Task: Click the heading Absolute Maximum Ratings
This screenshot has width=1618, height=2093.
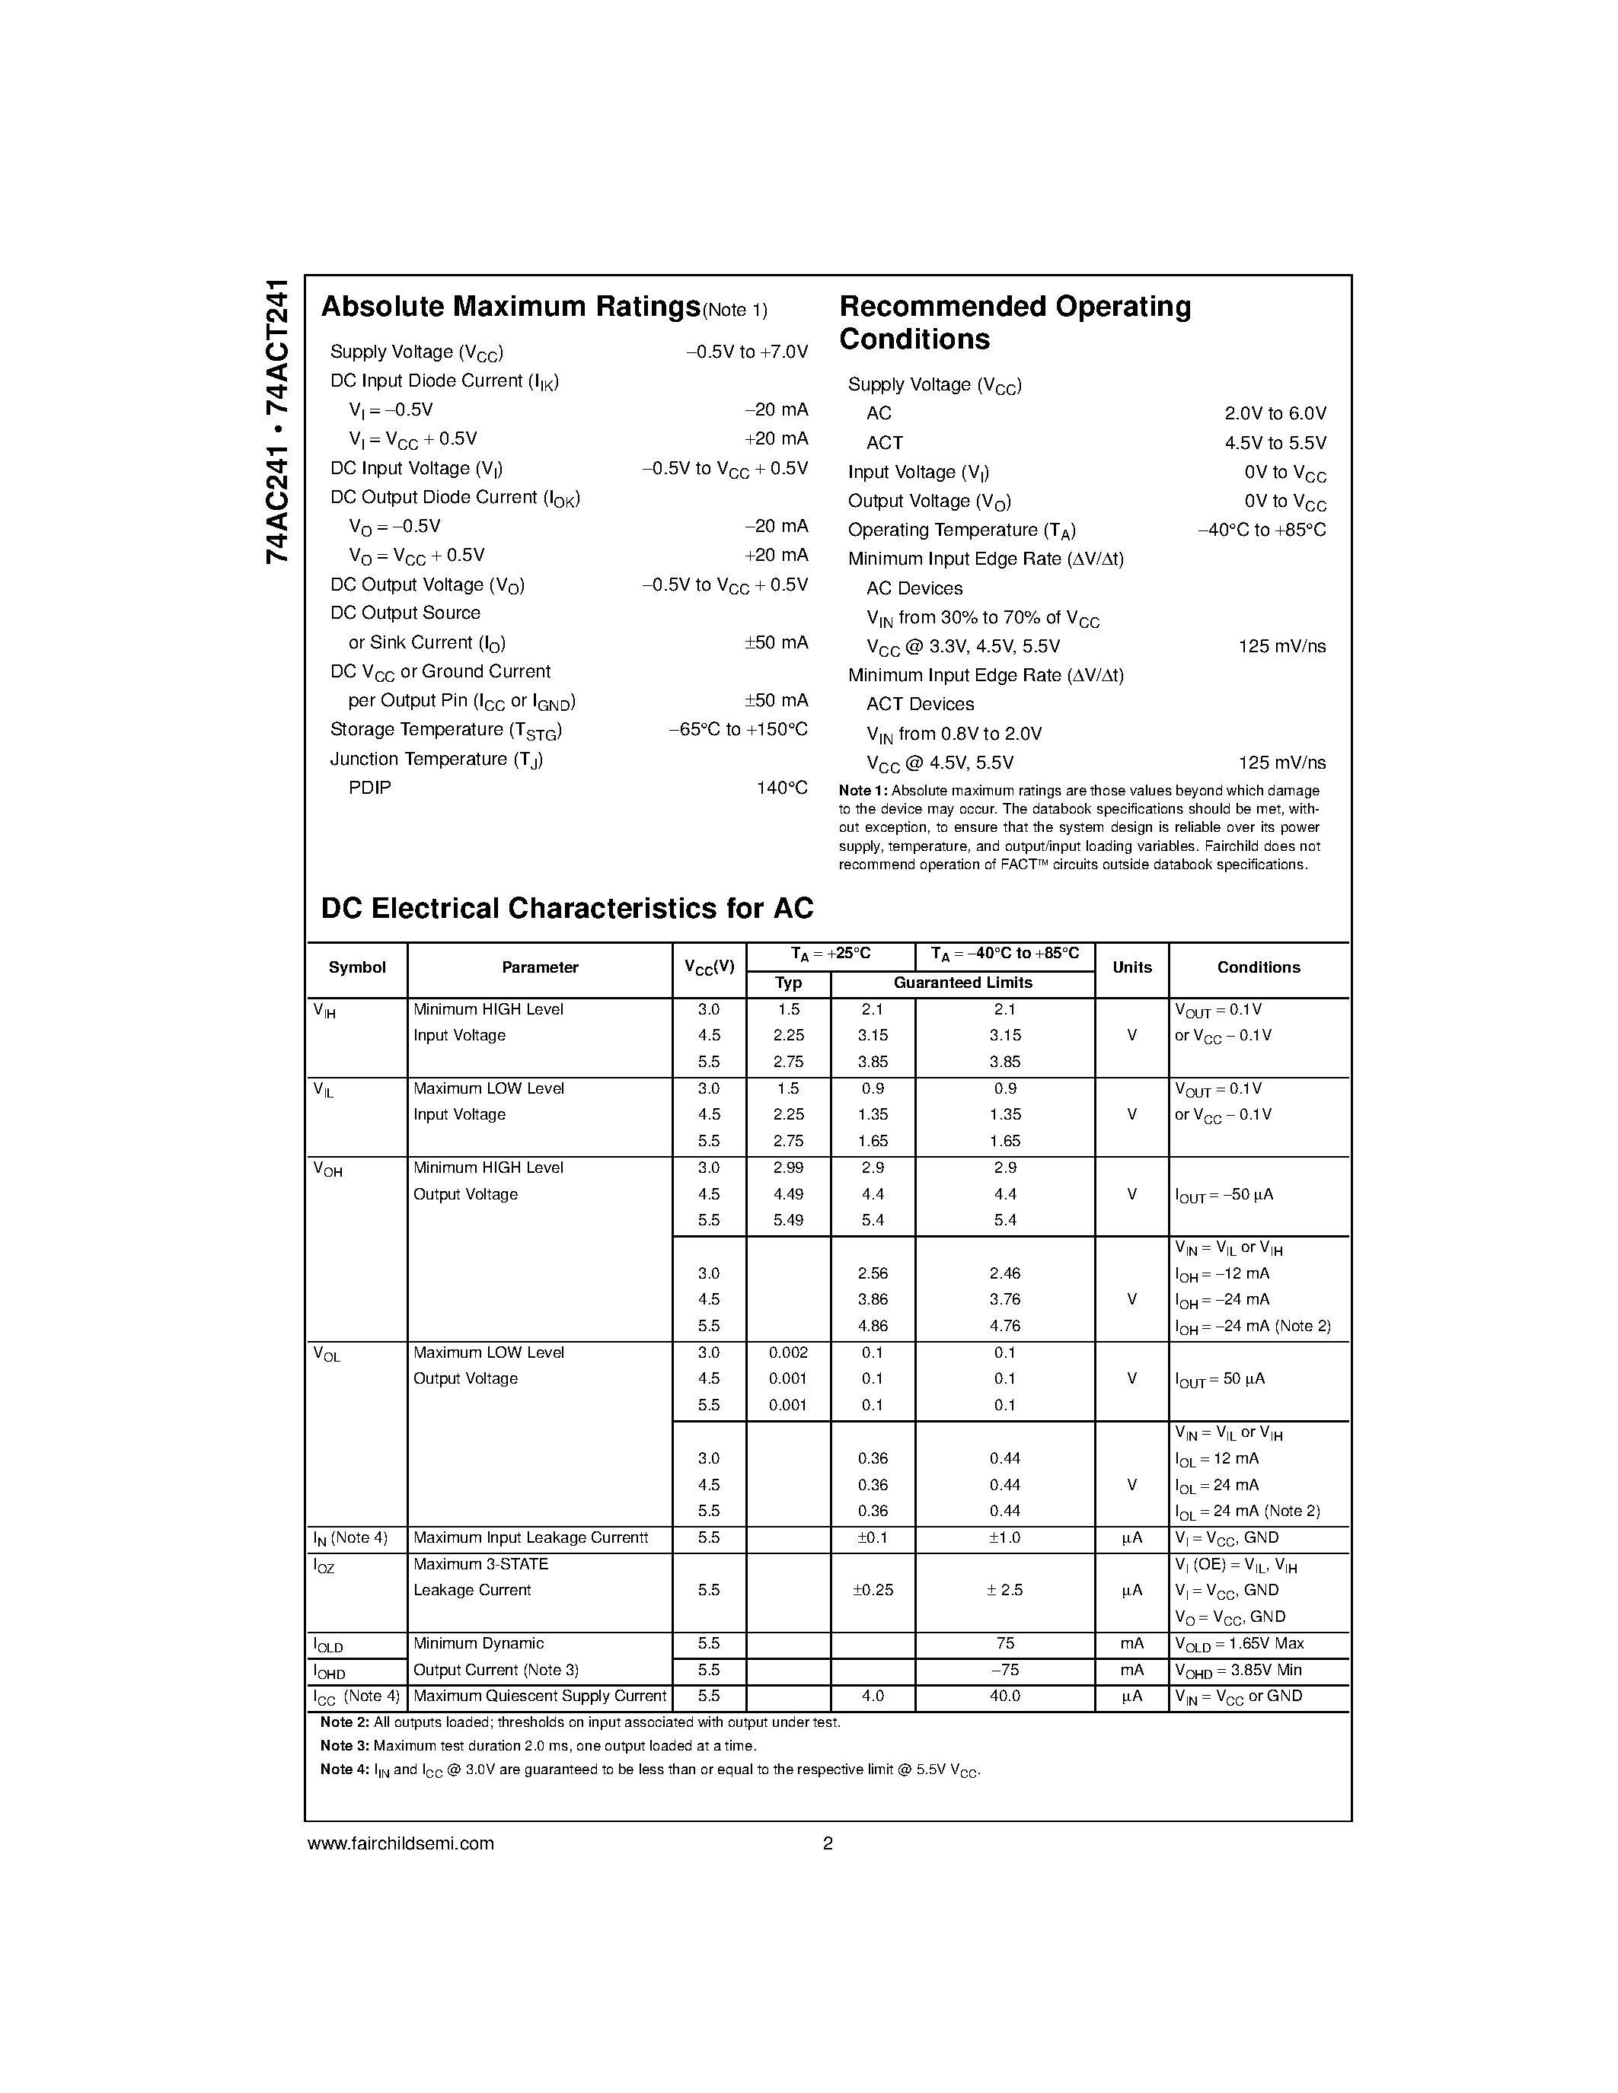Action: [x=510, y=307]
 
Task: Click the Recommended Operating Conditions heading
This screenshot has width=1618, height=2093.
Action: [x=1014, y=323]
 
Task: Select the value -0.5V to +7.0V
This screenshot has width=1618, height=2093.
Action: [x=747, y=352]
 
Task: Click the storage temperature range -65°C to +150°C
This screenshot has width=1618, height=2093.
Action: [x=737, y=729]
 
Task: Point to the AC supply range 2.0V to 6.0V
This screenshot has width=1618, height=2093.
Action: [x=1274, y=413]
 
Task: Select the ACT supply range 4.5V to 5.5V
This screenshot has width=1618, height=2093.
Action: [x=1274, y=443]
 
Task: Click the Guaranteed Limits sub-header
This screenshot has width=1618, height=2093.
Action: [x=962, y=983]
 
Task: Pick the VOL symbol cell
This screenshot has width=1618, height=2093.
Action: [x=327, y=1355]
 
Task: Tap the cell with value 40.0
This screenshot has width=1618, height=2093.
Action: [x=1004, y=1696]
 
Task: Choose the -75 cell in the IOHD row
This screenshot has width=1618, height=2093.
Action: [x=1004, y=1671]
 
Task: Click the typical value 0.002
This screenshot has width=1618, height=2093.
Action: [x=788, y=1353]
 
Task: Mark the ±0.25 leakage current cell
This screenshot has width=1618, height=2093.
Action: [x=873, y=1591]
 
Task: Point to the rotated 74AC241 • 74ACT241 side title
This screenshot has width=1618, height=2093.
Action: [x=276, y=422]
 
